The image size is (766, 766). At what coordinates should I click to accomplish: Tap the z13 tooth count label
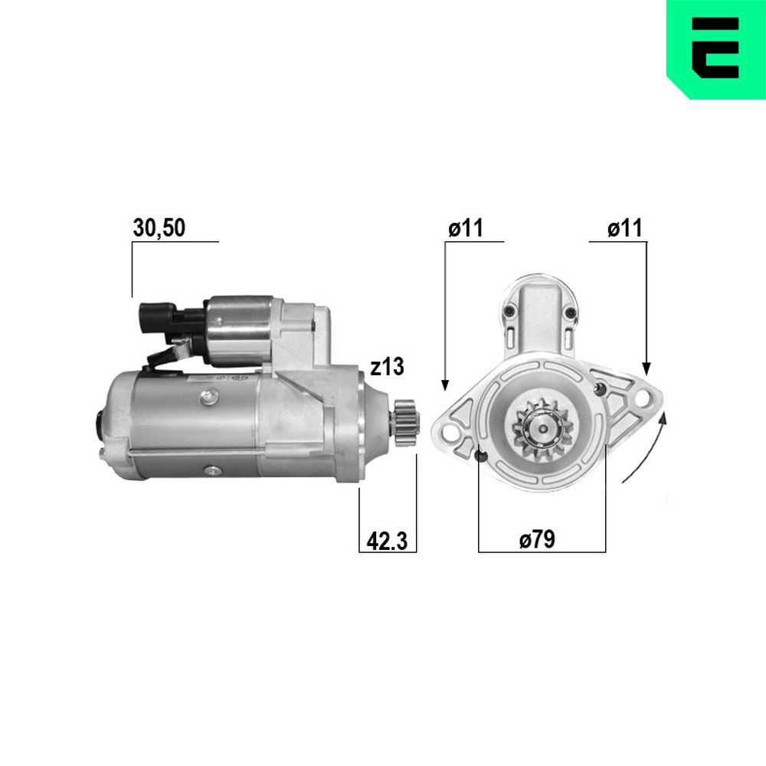pyautogui.click(x=386, y=368)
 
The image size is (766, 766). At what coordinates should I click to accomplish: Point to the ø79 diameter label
pyautogui.click(x=536, y=540)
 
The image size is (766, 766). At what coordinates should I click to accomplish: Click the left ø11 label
pyautogui.click(x=465, y=228)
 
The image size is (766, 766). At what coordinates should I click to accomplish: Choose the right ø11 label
pyautogui.click(x=625, y=228)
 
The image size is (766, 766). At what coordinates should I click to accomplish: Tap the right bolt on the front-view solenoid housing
pyautogui.click(x=570, y=312)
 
